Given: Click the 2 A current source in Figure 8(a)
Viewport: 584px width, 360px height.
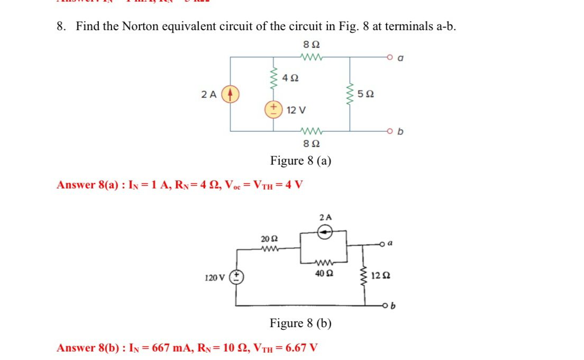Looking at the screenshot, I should point(230,94).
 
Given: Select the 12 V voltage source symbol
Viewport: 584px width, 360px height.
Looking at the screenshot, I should point(273,109).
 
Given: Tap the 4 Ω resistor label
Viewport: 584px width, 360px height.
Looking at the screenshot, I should point(290,78).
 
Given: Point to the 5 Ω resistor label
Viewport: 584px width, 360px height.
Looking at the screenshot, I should point(366,94).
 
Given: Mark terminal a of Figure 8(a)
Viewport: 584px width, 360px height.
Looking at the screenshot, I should point(389,55).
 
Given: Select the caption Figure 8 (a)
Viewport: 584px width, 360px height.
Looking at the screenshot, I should point(300,160).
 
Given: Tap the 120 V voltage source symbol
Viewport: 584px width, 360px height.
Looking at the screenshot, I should point(236,277).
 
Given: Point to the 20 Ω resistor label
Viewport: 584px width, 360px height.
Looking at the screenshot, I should point(268,239).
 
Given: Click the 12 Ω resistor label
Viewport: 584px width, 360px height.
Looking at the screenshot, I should point(381,276).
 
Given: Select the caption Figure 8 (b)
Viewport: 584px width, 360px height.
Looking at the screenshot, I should point(300,323).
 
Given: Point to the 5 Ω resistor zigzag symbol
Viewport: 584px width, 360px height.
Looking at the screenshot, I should point(349,94).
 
